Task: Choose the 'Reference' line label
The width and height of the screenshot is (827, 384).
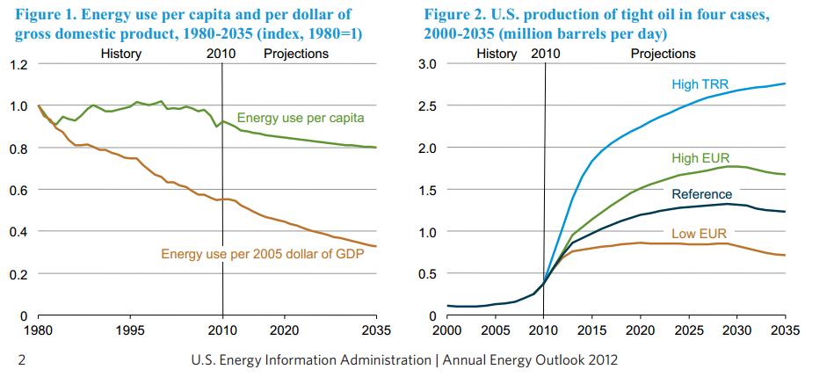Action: click(x=701, y=194)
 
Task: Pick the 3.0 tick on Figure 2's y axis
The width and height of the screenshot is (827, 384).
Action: click(x=426, y=65)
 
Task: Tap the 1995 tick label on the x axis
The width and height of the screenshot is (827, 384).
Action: click(x=130, y=333)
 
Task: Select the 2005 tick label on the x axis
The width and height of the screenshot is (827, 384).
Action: click(x=496, y=333)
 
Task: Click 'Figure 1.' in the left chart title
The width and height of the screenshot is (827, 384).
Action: click(x=44, y=15)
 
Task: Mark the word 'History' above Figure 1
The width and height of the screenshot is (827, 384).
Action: click(x=120, y=54)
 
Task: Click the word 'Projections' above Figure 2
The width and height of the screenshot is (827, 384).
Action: click(x=663, y=54)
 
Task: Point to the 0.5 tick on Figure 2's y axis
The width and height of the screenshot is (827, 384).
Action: click(x=426, y=273)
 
